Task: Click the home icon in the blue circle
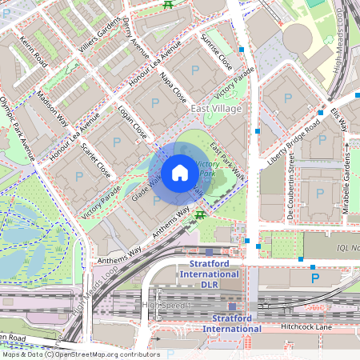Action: pyautogui.click(x=180, y=172)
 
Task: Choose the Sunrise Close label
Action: pyautogui.click(x=216, y=51)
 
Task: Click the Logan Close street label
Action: pyautogui.click(x=132, y=121)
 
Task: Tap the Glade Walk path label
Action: pyautogui.click(x=145, y=190)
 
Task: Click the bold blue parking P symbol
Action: pyautogui.click(x=314, y=278)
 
